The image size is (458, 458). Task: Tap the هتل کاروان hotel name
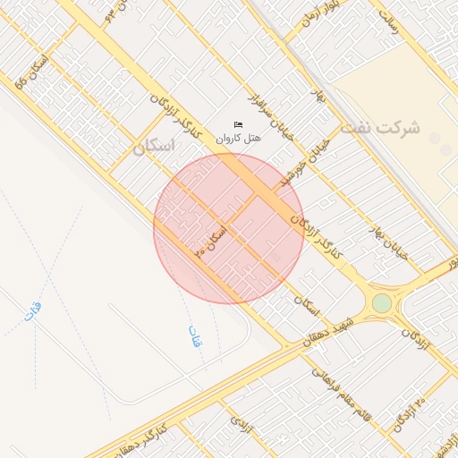coord(237,139)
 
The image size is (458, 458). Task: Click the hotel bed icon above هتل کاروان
coord(238,124)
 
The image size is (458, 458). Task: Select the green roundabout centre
coord(382,303)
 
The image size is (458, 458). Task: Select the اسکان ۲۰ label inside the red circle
coord(211,241)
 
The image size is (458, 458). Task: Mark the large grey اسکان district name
coord(152,148)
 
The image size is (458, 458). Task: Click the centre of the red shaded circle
coord(229,228)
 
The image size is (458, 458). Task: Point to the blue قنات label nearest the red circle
coord(194,335)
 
